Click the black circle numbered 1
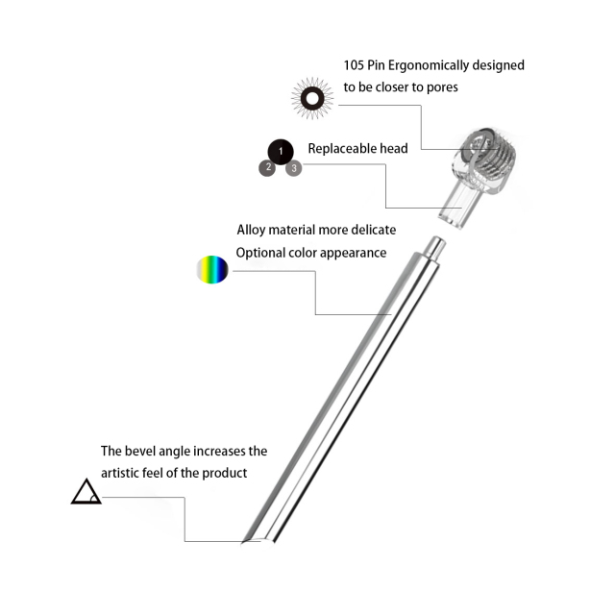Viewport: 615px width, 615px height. coord(280,152)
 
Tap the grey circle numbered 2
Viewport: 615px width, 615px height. coord(267,168)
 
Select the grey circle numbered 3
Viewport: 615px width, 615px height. coord(293,168)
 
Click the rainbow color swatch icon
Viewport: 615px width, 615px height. coord(212,270)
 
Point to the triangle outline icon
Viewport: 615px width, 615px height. coord(86,492)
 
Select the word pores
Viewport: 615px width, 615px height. coord(439,86)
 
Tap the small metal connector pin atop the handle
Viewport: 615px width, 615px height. coord(433,248)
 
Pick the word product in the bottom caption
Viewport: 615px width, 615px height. coord(226,473)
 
